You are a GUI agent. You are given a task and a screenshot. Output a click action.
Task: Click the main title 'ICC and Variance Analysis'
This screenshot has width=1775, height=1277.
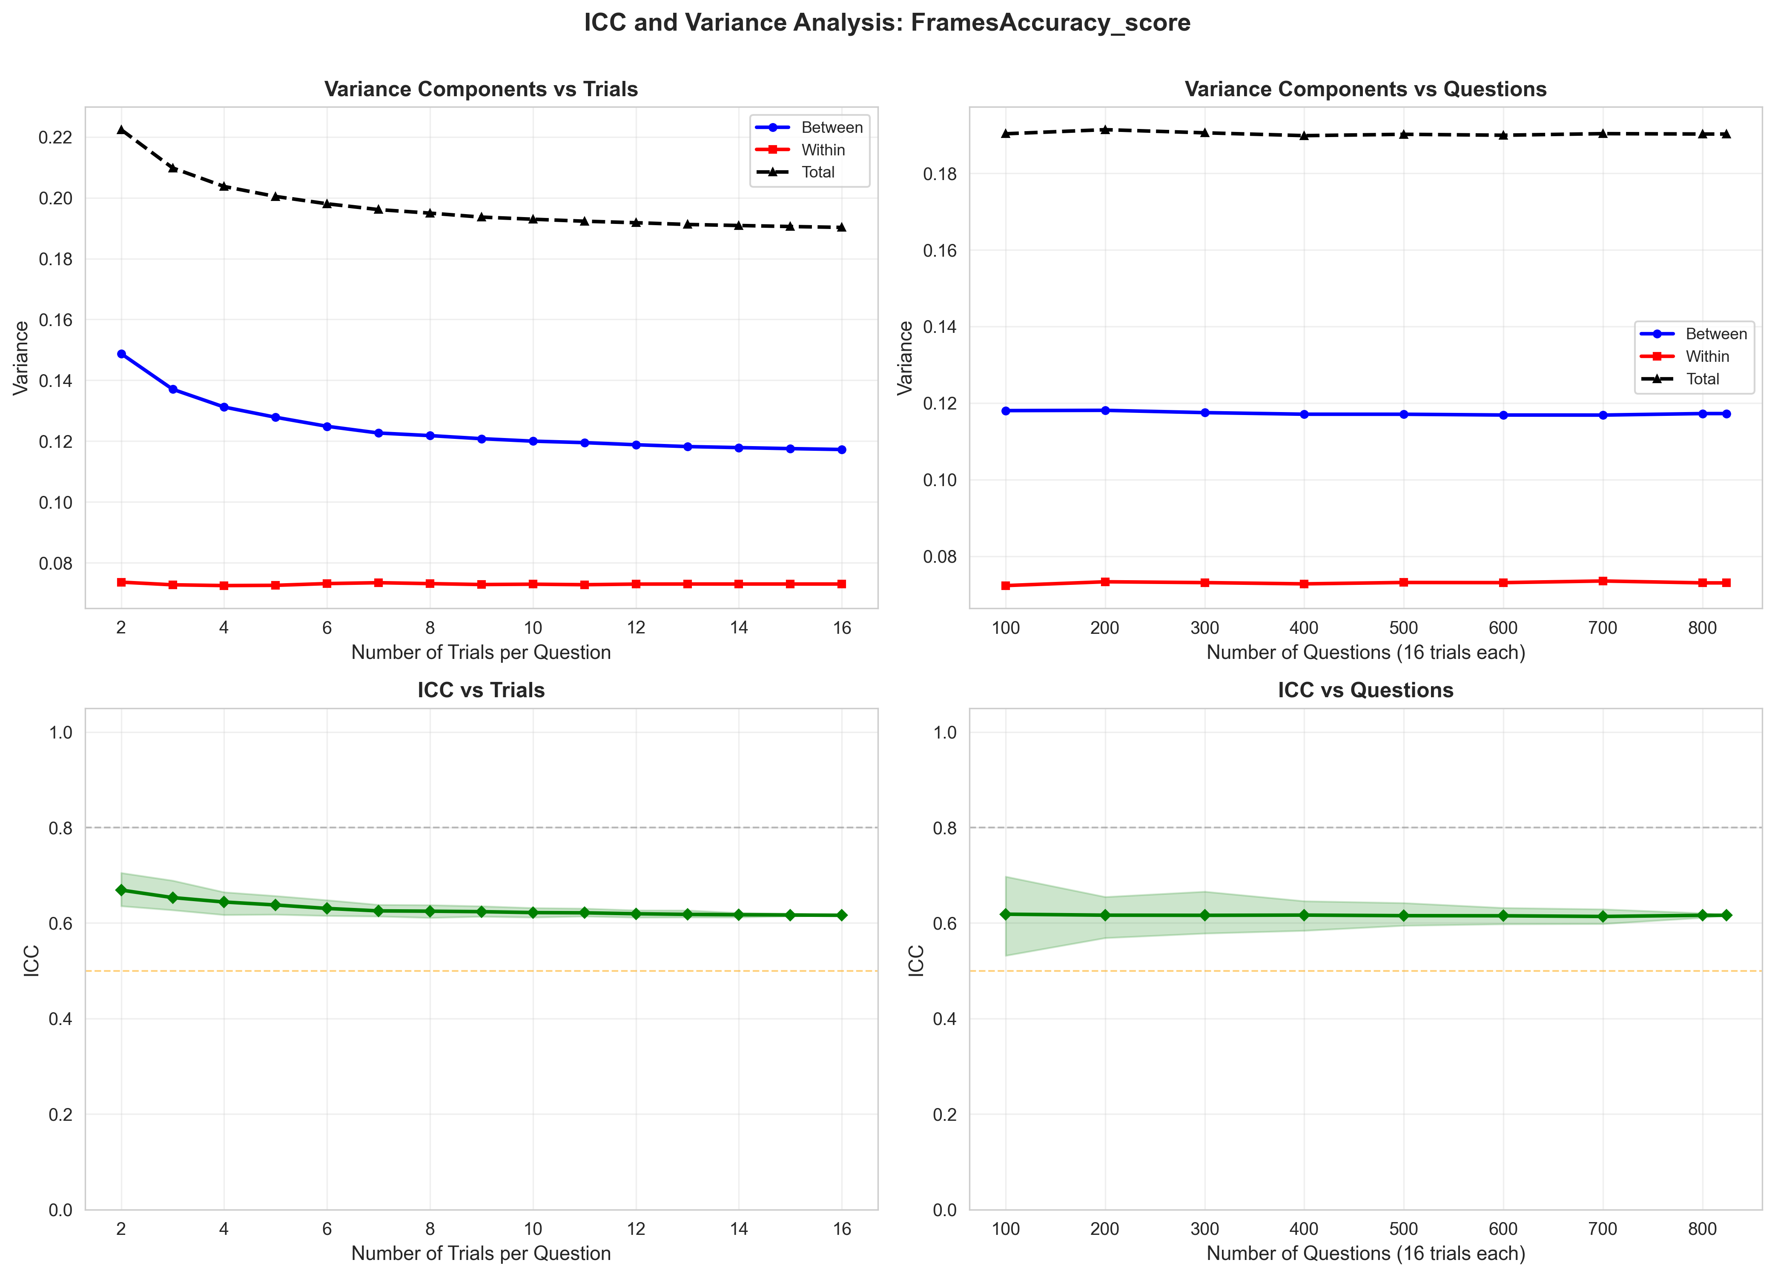point(887,23)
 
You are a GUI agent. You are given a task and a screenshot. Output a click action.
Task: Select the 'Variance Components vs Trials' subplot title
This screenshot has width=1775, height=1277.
point(481,89)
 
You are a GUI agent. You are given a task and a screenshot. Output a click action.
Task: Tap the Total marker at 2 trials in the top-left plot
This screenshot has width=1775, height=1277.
point(121,130)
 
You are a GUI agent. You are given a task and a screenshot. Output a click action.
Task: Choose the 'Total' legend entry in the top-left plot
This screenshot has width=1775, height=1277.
point(818,172)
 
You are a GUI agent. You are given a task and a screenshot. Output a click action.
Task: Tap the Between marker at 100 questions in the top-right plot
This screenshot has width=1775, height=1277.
point(1006,411)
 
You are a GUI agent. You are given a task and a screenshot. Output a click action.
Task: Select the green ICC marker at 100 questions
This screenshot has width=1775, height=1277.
point(1006,914)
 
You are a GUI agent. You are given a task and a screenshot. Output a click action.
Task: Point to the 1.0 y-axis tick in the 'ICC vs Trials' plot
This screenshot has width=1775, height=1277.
point(60,733)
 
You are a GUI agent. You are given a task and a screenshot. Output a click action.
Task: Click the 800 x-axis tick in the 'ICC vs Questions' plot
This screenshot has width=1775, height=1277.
point(1702,1229)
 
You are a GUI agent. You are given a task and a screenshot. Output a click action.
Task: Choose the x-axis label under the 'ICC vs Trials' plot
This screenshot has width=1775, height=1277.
point(481,1254)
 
